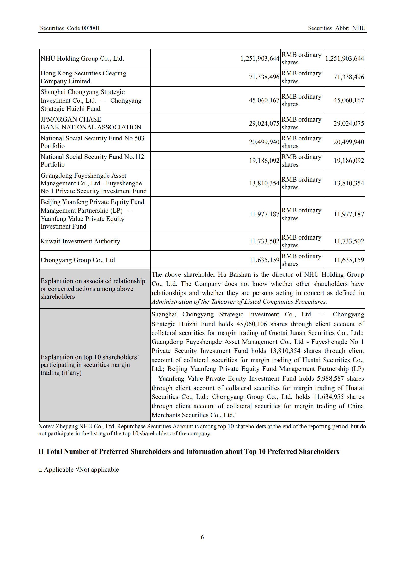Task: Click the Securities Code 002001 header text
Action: pyautogui.click(x=70, y=28)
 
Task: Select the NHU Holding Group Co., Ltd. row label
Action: pyautogui.click(x=82, y=59)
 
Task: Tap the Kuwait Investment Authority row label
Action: pyautogui.click(x=80, y=241)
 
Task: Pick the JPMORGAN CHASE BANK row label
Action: pyautogui.click(x=91, y=123)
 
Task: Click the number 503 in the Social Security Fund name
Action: pyautogui.click(x=139, y=138)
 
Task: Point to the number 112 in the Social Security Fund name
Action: pyautogui.click(x=139, y=157)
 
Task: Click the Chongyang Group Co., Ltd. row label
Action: pyautogui.click(x=79, y=260)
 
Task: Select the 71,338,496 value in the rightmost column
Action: pyautogui.click(x=349, y=77)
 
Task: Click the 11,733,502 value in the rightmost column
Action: pyautogui.click(x=349, y=241)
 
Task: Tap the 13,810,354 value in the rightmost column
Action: pyautogui.click(x=349, y=183)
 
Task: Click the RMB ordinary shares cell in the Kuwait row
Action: pyautogui.click(x=301, y=241)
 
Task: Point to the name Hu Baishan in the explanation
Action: pyautogui.click(x=234, y=275)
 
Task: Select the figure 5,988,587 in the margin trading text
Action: pyautogui.click(x=330, y=379)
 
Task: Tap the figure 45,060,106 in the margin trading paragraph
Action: pyautogui.click(x=251, y=324)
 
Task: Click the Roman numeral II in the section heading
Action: pyautogui.click(x=41, y=452)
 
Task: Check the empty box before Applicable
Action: pyautogui.click(x=40, y=470)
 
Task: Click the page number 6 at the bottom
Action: pyautogui.click(x=202, y=537)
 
